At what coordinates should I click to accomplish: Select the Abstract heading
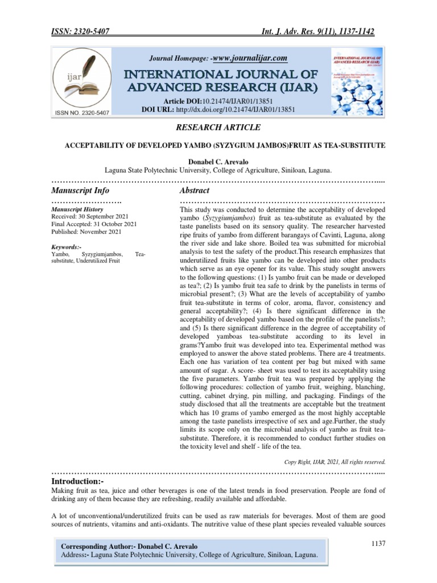click(x=194, y=190)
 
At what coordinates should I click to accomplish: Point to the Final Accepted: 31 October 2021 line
click(x=94, y=224)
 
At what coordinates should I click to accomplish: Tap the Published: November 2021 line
click(x=86, y=232)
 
